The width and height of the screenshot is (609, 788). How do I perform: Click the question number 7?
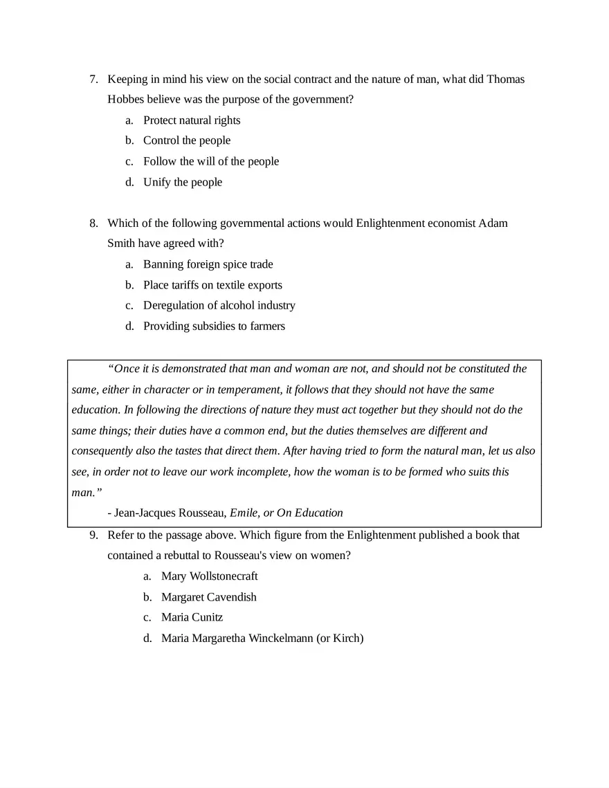pyautogui.click(x=93, y=79)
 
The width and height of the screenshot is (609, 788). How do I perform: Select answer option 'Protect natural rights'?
pyautogui.click(x=192, y=120)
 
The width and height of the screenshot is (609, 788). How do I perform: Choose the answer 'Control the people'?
pyautogui.click(x=187, y=140)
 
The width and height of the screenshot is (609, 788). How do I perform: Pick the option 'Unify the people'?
pyautogui.click(x=183, y=182)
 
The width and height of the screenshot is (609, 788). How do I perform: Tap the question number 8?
pyautogui.click(x=93, y=223)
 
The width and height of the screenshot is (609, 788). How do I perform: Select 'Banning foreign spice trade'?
pyautogui.click(x=208, y=264)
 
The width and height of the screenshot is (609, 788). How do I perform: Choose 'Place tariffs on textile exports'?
pyautogui.click(x=212, y=285)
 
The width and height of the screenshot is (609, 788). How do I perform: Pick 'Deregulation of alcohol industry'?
pyautogui.click(x=219, y=305)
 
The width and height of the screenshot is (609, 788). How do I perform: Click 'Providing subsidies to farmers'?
pyautogui.click(x=214, y=326)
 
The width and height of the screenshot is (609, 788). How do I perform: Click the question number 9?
pyautogui.click(x=93, y=535)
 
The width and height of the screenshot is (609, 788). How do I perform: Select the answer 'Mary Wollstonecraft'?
pyautogui.click(x=209, y=576)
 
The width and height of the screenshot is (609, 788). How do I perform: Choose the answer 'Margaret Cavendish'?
pyautogui.click(x=208, y=596)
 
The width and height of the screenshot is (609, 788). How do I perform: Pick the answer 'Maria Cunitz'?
pyautogui.click(x=192, y=617)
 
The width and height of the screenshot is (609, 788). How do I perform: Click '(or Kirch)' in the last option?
pyautogui.click(x=339, y=638)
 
